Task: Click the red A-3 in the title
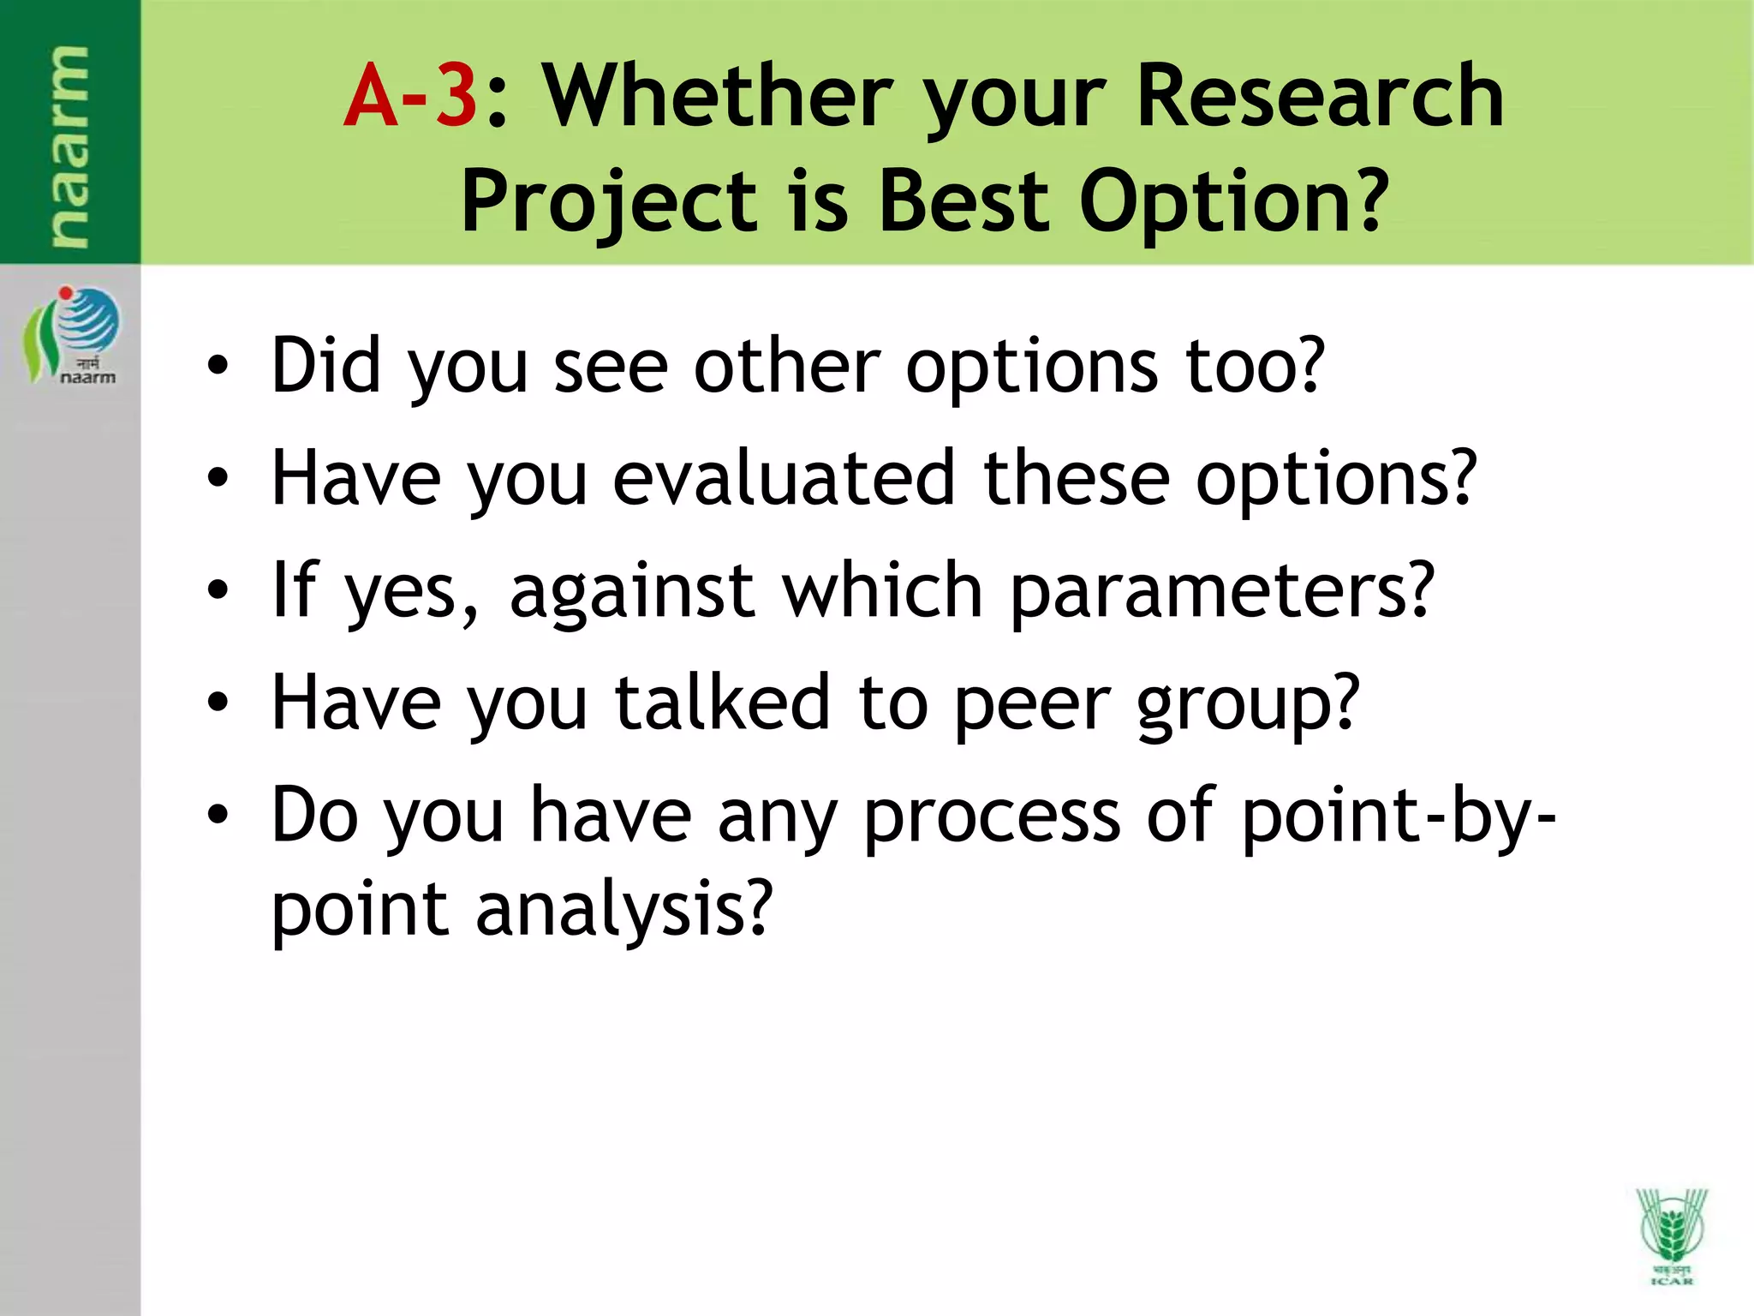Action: click(410, 96)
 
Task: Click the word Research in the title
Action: click(1320, 96)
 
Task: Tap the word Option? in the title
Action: click(1233, 202)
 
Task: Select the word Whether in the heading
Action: click(718, 96)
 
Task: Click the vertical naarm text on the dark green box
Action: click(69, 146)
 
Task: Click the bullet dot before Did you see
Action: click(218, 366)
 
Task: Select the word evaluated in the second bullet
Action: click(784, 478)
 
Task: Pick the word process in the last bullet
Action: click(991, 816)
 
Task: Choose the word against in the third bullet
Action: click(632, 591)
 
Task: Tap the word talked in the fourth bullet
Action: click(723, 703)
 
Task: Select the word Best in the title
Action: click(964, 202)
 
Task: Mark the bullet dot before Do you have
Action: click(218, 816)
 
